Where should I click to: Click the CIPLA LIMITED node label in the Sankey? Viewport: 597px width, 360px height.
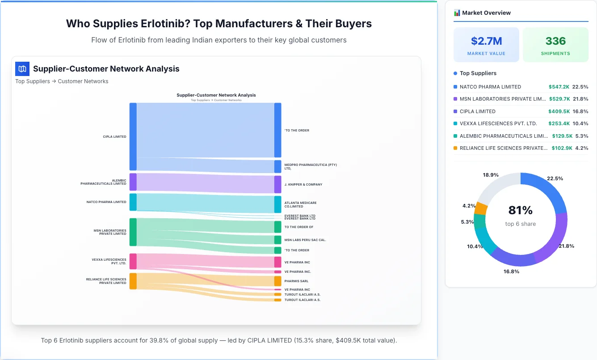(114, 137)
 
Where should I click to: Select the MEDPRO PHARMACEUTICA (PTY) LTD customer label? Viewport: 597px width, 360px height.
(311, 167)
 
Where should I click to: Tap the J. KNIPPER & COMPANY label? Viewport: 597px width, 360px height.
(303, 184)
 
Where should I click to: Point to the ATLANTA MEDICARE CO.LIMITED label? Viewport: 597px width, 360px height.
(300, 204)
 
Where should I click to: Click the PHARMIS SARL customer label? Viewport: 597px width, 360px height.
(296, 281)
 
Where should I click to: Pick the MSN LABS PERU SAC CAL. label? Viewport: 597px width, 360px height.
(305, 240)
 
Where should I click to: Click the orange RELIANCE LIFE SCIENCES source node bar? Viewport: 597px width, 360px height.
(133, 281)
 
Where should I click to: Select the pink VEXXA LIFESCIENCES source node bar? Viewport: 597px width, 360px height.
(133, 261)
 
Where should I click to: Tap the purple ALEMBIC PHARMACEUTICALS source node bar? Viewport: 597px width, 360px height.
(133, 182)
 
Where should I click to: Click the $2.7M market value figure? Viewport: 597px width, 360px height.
(486, 41)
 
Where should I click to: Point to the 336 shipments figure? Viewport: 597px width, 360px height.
(555, 41)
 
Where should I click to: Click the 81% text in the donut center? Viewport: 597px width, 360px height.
(520, 210)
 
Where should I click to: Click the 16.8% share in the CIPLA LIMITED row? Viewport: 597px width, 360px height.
(580, 111)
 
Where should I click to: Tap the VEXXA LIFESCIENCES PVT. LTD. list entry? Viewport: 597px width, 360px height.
(498, 123)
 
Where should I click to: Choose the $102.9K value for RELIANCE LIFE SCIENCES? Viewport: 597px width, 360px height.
(562, 148)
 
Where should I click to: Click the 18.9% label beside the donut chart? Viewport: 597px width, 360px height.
(491, 175)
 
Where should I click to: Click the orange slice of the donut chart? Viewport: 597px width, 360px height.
(481, 208)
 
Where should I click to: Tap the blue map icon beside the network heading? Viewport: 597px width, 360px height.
(22, 69)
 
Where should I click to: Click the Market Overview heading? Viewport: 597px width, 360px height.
(486, 13)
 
